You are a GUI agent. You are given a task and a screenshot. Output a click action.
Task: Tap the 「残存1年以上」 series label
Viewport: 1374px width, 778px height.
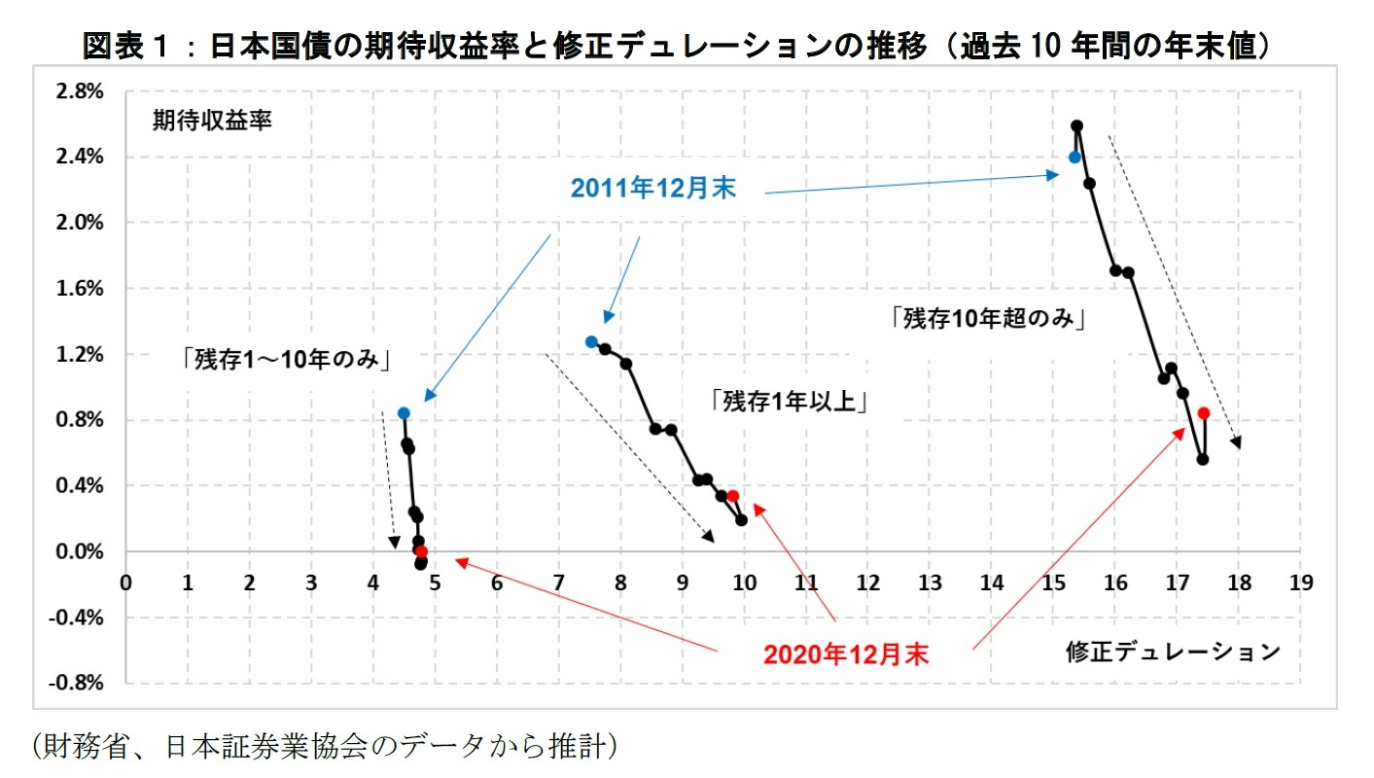pyautogui.click(x=788, y=400)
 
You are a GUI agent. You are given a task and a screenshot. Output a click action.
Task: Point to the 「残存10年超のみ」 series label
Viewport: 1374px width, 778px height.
pyautogui.click(x=987, y=318)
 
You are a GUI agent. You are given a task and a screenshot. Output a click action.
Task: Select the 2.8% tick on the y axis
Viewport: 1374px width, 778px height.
pyautogui.click(x=82, y=91)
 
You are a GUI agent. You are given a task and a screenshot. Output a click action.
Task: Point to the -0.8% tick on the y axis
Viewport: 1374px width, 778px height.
pyautogui.click(x=79, y=683)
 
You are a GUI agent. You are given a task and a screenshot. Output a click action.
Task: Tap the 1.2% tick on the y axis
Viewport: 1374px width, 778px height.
pyautogui.click(x=82, y=355)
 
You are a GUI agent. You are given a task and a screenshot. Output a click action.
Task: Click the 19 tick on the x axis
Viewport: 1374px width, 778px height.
pyautogui.click(x=1300, y=583)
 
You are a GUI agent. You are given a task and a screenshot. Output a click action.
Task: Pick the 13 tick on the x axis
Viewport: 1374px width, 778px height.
pyautogui.click(x=929, y=583)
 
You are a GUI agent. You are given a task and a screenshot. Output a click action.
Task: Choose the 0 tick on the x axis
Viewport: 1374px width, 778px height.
pyautogui.click(x=125, y=583)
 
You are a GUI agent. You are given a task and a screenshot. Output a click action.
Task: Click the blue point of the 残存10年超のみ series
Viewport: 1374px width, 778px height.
pyautogui.click(x=1075, y=157)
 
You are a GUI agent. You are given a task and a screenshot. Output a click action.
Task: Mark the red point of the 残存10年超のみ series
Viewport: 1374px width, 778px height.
pyautogui.click(x=1204, y=412)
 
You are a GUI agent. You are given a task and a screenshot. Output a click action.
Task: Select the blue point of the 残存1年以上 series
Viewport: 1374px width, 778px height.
pyautogui.click(x=591, y=341)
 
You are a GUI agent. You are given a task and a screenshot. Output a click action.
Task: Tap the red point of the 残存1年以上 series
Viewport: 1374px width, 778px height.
pyautogui.click(x=732, y=496)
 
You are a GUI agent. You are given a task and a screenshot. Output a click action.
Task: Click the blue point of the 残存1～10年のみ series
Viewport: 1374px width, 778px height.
pyautogui.click(x=404, y=413)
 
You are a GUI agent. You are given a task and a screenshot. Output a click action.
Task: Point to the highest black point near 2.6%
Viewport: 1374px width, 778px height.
pyautogui.click(x=1077, y=125)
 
